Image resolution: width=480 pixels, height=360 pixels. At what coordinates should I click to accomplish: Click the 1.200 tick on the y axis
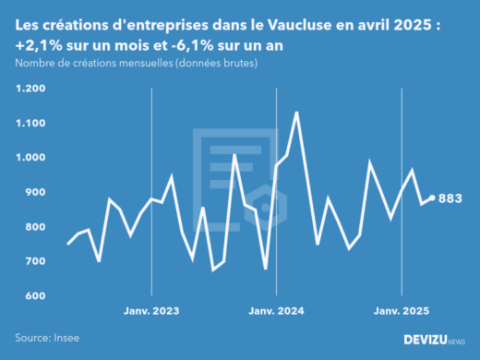(30, 89)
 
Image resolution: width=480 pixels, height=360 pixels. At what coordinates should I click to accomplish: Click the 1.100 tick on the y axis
(30, 123)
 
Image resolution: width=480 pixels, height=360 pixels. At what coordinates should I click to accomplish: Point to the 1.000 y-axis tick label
(30, 158)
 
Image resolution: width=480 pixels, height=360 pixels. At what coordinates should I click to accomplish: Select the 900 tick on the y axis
(35, 192)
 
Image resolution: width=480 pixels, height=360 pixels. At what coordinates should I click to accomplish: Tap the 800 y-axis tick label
(35, 227)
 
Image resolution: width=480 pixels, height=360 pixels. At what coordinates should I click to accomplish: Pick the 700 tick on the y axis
(35, 261)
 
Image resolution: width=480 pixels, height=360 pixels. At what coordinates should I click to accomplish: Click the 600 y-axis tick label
(35, 296)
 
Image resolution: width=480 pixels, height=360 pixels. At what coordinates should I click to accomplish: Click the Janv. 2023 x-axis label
(151, 311)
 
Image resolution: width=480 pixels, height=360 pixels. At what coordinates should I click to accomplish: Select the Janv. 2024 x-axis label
(276, 311)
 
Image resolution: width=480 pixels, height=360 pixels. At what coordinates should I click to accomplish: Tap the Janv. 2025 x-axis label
(402, 311)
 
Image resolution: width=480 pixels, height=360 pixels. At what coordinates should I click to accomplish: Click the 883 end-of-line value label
(450, 198)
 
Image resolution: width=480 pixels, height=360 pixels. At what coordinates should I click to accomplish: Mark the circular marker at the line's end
(432, 198)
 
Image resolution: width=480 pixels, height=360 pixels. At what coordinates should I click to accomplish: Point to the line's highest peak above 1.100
(296, 113)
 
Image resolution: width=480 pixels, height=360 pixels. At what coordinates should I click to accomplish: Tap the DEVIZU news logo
(435, 340)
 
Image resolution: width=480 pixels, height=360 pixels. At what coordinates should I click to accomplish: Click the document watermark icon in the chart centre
(233, 175)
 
